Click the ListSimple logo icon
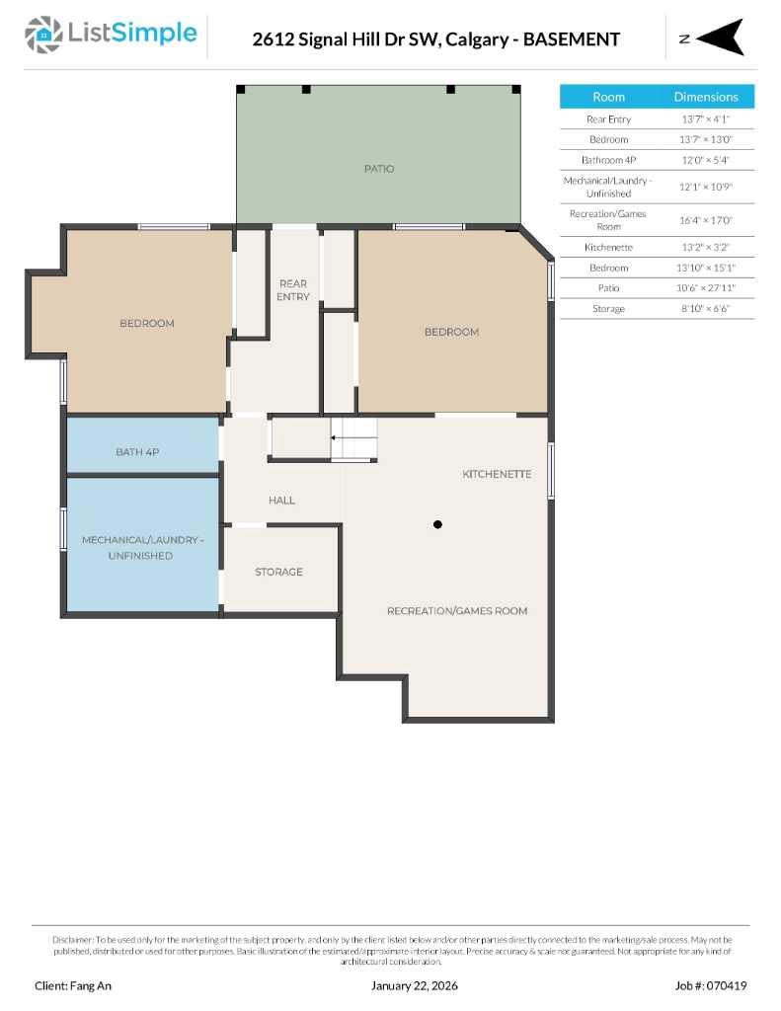click(41, 36)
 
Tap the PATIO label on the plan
click(379, 169)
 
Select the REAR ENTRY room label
click(293, 290)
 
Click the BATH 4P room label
click(137, 452)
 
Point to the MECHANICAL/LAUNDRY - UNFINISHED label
click(142, 548)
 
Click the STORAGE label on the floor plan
click(278, 572)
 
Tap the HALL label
click(281, 501)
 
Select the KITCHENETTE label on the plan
click(497, 475)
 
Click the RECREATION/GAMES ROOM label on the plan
click(457, 611)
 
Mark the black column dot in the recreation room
click(437, 524)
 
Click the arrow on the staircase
click(340, 436)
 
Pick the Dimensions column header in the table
click(705, 97)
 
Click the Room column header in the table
click(608, 97)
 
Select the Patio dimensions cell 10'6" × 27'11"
click(705, 288)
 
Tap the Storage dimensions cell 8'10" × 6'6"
click(705, 309)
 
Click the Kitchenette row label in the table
click(608, 247)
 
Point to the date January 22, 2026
click(414, 985)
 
